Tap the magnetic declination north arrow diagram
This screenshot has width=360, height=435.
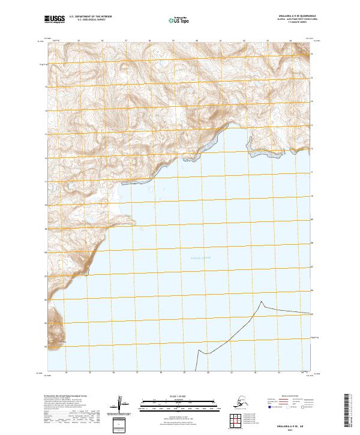point(121,403)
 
